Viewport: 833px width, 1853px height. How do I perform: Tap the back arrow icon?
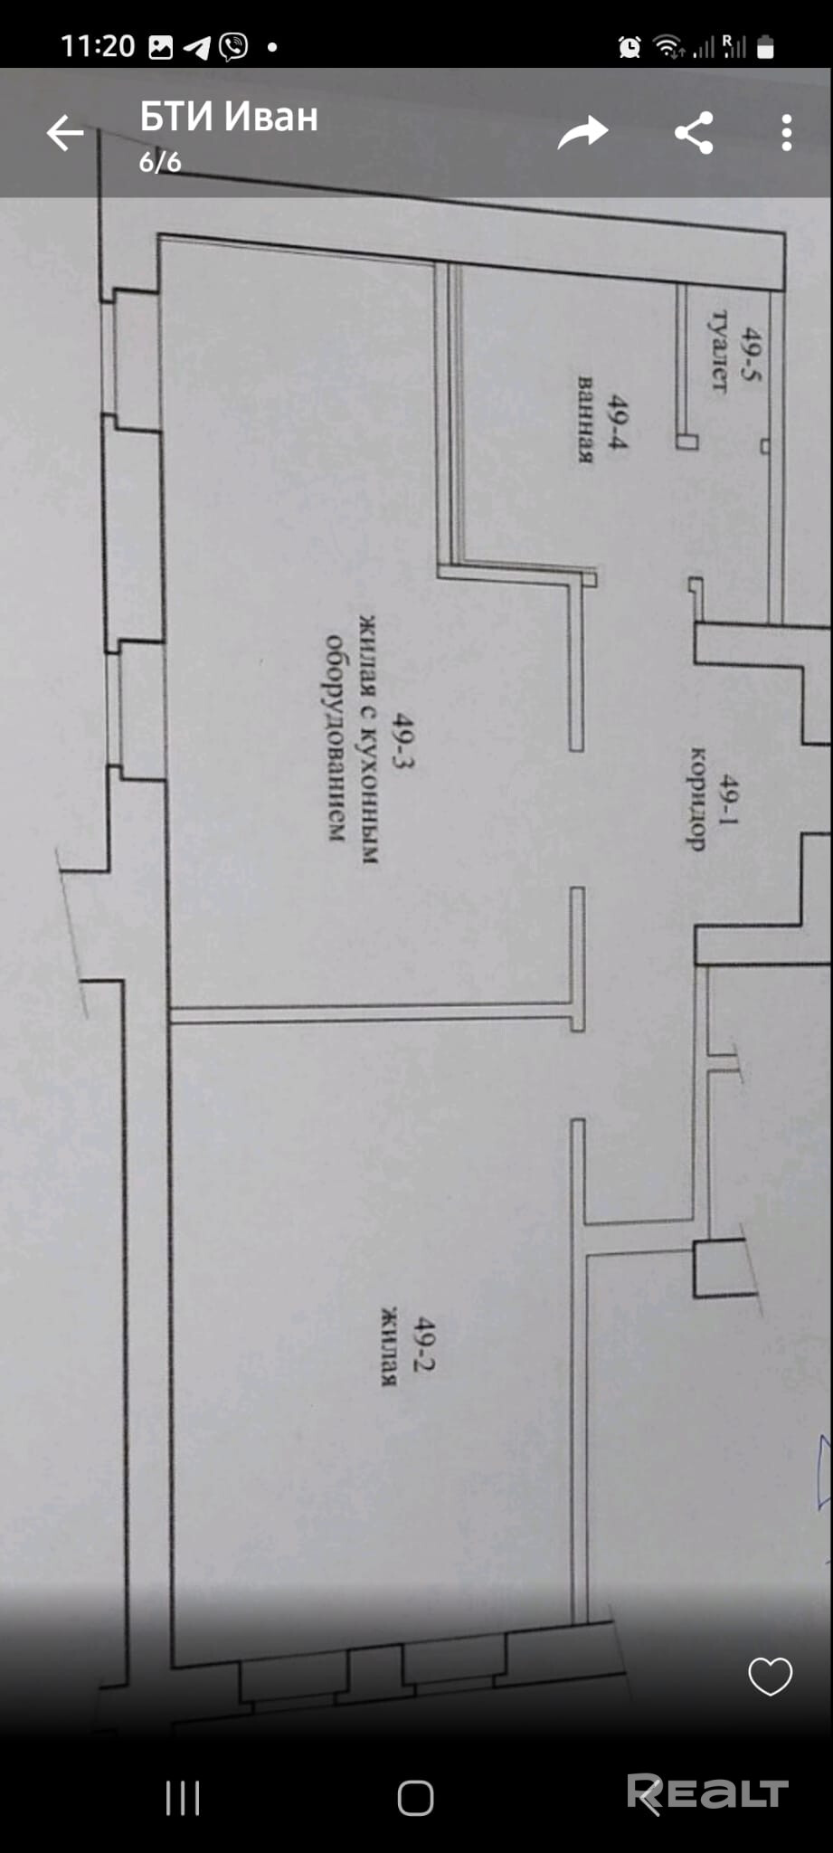pos(65,134)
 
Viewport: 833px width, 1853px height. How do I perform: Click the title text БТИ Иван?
pos(229,118)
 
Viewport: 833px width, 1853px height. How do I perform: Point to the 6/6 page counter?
pos(160,163)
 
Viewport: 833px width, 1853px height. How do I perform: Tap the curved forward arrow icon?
pos(582,134)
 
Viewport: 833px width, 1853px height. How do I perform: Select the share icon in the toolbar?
pos(694,134)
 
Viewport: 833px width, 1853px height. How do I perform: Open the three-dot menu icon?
pos(786,134)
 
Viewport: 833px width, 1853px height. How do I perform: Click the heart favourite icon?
pos(770,1677)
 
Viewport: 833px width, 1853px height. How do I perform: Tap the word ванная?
pos(586,420)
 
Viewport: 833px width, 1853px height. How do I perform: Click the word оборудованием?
pos(336,738)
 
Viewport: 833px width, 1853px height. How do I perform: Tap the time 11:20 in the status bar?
pos(98,46)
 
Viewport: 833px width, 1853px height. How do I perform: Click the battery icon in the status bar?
pos(765,47)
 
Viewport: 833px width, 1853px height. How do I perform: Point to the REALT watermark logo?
pos(707,1794)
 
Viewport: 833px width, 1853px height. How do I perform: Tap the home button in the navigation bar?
pos(415,1799)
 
